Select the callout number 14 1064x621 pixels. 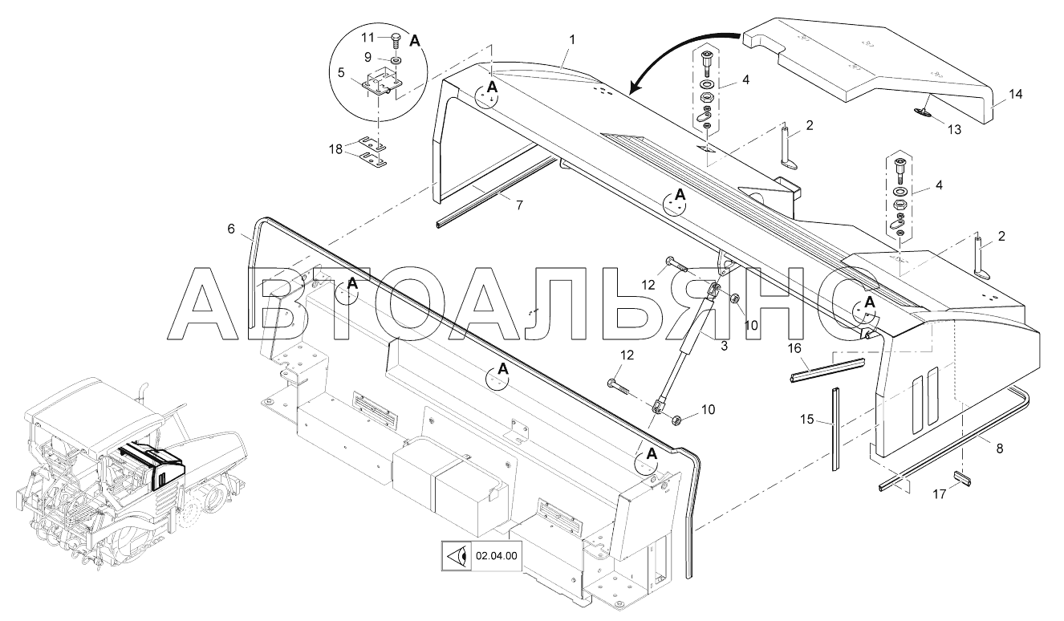click(1016, 94)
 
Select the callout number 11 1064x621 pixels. click(367, 38)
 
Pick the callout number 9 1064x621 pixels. click(367, 57)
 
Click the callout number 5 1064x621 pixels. click(341, 71)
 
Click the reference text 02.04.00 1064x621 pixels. click(497, 555)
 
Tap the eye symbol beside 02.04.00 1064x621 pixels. click(457, 555)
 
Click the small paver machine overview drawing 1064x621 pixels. click(120, 473)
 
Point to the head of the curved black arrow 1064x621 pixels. click(633, 86)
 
